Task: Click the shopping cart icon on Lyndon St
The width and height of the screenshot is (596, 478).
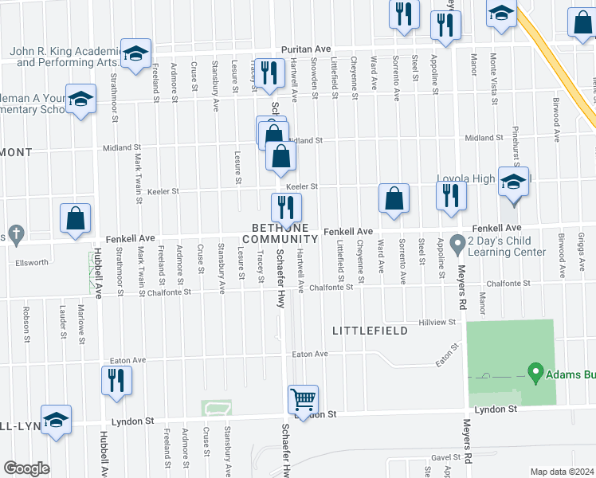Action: [x=303, y=399]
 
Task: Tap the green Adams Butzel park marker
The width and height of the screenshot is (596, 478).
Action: [x=535, y=372]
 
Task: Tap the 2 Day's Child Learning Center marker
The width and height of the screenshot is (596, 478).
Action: [x=457, y=241]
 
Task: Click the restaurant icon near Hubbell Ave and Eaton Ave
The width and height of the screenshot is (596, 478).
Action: [x=113, y=380]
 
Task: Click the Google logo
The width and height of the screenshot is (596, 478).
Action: [x=26, y=468]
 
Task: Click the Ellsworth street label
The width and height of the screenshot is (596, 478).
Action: [x=31, y=261]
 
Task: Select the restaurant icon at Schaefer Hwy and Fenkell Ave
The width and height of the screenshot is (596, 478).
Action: [x=286, y=209]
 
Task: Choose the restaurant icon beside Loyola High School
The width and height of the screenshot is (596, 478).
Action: [x=451, y=196]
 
